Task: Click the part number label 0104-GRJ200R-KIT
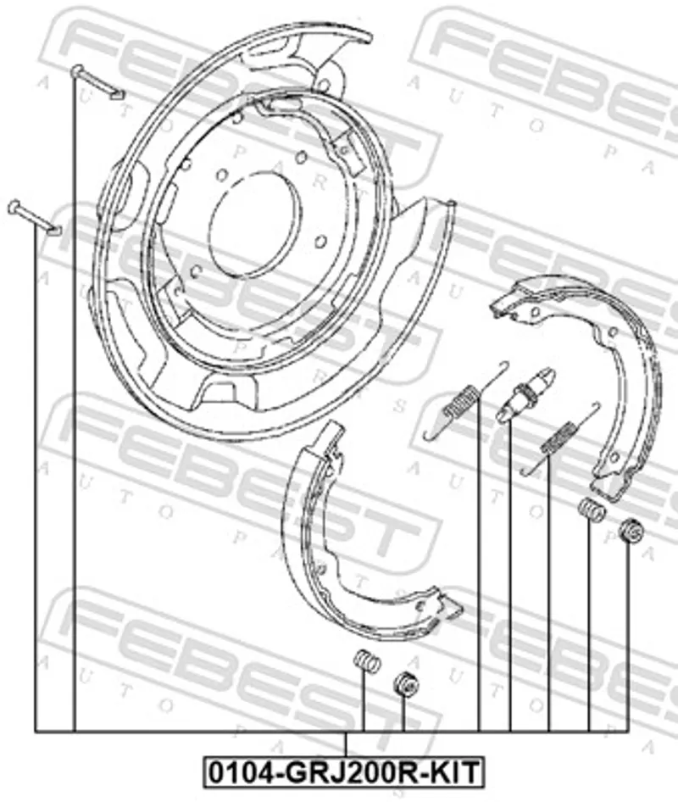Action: (x=343, y=771)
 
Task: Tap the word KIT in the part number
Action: (x=454, y=771)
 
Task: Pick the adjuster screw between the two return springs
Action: (x=525, y=394)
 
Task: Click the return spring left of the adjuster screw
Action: (x=466, y=399)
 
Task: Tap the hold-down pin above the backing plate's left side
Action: (x=97, y=82)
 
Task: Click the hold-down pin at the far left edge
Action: (x=34, y=217)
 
